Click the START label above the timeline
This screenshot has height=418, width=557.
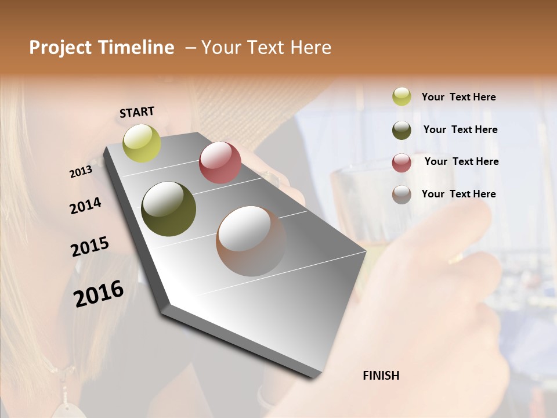click(x=137, y=112)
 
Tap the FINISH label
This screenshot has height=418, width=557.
click(x=381, y=376)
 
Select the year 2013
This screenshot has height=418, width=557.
click(x=81, y=172)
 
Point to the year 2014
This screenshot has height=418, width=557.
click(x=85, y=206)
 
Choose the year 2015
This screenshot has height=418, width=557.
click(x=90, y=247)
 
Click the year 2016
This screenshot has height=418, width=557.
click(x=99, y=293)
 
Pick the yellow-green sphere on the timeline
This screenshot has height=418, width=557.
click(x=142, y=143)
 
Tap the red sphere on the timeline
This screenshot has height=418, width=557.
click(x=220, y=163)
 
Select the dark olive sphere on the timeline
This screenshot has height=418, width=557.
click(x=168, y=209)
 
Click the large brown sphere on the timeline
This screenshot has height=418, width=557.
click(x=251, y=240)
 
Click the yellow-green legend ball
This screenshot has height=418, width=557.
click(x=402, y=97)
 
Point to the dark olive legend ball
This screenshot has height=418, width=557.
click(x=402, y=130)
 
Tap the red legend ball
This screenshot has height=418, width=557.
click(x=402, y=163)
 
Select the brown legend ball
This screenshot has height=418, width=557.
click(x=402, y=194)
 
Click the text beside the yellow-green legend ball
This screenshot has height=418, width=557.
click(x=458, y=98)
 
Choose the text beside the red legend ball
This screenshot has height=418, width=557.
click(x=461, y=161)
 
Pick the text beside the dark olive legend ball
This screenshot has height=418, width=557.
click(x=460, y=129)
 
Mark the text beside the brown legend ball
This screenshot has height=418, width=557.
click(x=458, y=194)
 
